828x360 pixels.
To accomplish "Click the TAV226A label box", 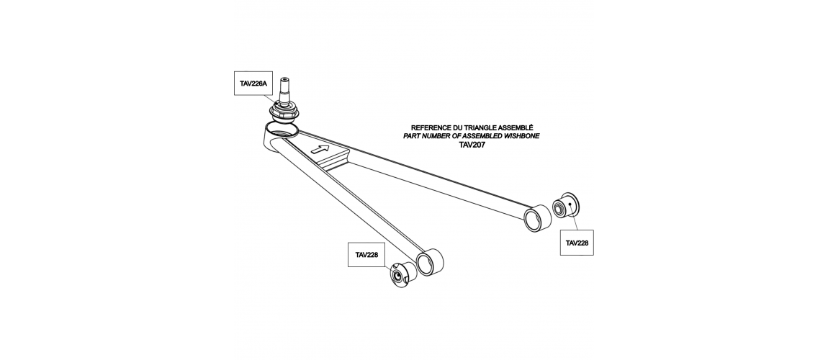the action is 253,84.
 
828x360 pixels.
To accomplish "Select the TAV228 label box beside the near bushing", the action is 367,254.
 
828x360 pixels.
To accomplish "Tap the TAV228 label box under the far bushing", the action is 577,243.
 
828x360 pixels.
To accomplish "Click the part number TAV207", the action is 472,144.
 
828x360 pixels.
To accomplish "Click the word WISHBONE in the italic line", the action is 521,136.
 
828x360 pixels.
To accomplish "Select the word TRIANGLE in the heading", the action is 482,128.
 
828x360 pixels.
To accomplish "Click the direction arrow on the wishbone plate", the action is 320,149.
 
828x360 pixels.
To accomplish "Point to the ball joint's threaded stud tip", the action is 286,80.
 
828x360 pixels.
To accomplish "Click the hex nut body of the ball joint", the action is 284,112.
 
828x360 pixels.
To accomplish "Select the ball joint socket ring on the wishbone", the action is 282,129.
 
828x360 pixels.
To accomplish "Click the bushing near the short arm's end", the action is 404,274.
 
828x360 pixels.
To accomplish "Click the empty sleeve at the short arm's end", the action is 429,261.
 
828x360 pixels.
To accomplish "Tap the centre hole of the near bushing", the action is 397,275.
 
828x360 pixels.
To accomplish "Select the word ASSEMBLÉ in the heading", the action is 516,128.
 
